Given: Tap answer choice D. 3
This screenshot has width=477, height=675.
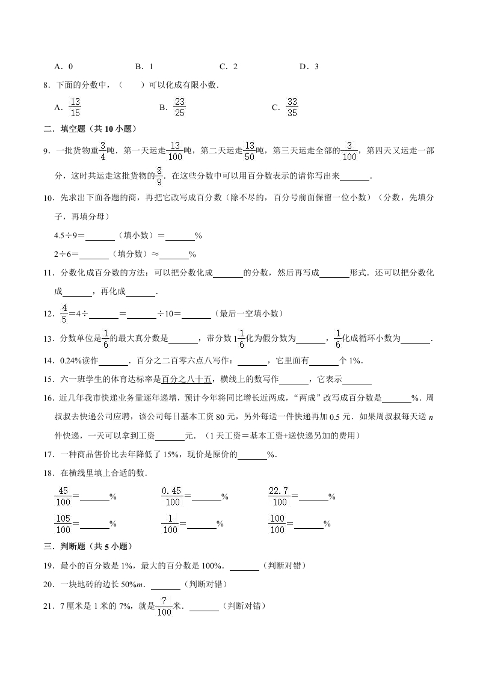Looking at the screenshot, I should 309,67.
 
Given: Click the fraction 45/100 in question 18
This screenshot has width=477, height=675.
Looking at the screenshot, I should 63,496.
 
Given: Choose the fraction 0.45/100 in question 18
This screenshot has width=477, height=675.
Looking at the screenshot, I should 173,496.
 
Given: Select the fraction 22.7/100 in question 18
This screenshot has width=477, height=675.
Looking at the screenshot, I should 280,496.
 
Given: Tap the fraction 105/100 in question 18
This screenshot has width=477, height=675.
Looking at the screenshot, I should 63,524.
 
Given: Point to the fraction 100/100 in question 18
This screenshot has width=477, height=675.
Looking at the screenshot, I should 279,524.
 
